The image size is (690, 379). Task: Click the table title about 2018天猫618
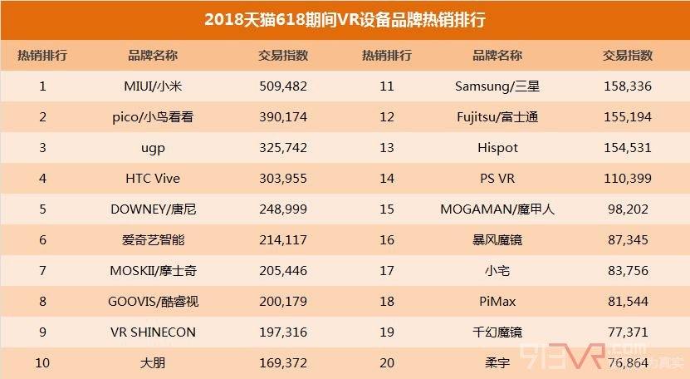pos(345,19)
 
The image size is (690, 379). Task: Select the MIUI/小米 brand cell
pos(153,86)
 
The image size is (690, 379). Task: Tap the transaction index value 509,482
pos(284,86)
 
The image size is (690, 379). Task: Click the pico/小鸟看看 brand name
pos(153,117)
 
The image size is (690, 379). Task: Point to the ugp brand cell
pos(153,148)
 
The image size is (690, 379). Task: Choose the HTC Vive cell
pos(153,179)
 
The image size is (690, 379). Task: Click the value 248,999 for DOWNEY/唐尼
pos(284,209)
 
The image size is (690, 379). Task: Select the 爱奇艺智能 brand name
pos(153,240)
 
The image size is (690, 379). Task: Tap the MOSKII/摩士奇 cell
pos(153,271)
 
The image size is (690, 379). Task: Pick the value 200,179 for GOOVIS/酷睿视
pos(284,302)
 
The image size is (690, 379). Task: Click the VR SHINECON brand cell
pos(153,332)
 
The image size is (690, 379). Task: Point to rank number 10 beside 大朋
pos(42,362)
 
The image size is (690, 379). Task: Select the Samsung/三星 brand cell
pos(497,86)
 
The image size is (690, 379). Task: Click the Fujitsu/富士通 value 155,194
pos(628,117)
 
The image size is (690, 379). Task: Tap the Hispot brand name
pos(497,148)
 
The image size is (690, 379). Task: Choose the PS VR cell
pos(497,179)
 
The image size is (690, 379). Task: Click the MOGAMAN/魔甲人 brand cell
pos(497,209)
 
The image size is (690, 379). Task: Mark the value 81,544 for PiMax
pos(628,302)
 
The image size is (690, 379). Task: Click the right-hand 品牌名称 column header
pos(497,56)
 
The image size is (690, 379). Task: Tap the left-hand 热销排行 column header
pos(42,56)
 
